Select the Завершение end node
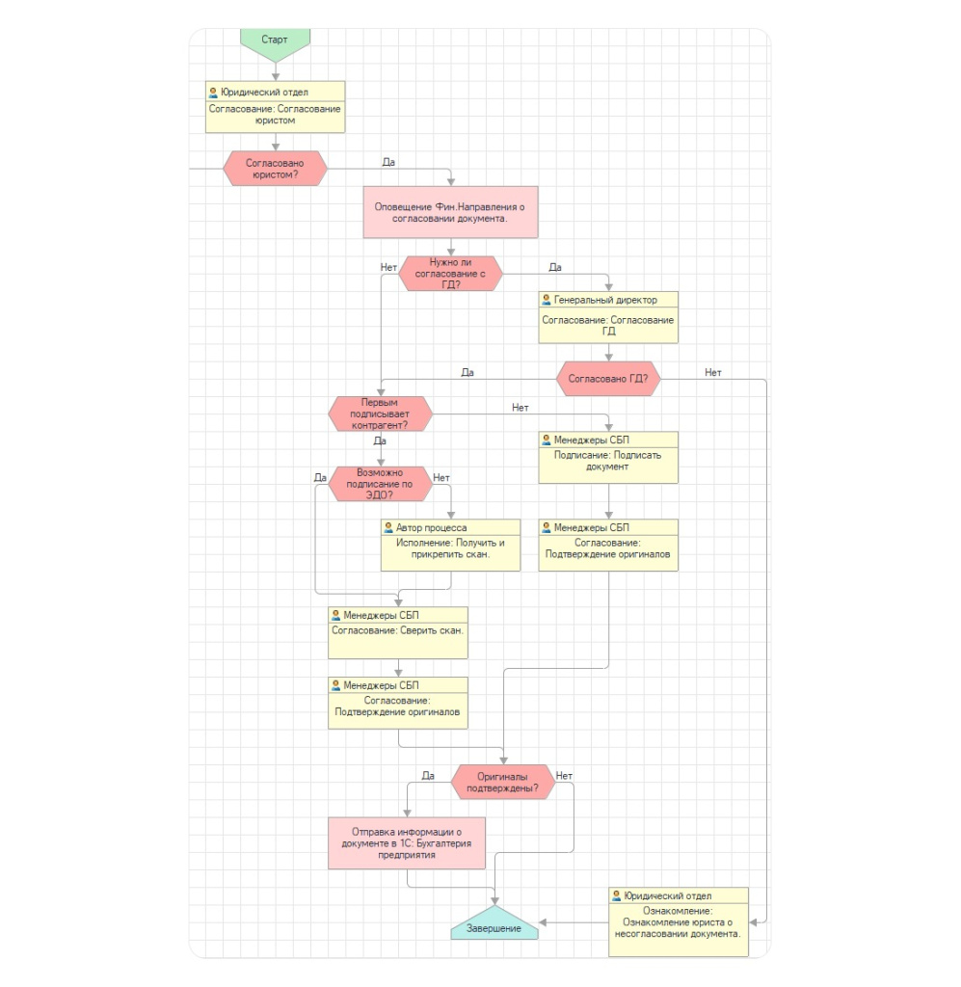[x=494, y=924]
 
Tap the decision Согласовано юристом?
[x=275, y=169]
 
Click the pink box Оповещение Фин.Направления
[x=450, y=212]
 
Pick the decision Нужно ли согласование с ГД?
[x=450, y=274]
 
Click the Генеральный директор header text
[x=605, y=301]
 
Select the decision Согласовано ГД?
[x=608, y=379]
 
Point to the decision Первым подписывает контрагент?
[x=380, y=414]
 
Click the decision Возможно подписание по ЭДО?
[x=380, y=484]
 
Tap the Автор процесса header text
[x=432, y=528]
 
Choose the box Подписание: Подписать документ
[x=608, y=458]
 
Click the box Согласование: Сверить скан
[x=398, y=633]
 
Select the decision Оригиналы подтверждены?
[x=503, y=783]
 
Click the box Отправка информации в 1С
[x=407, y=843]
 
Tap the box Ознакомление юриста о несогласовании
[x=679, y=922]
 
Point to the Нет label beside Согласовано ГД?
[x=713, y=373]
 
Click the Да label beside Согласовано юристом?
[x=389, y=162]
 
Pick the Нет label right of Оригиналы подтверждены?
[x=564, y=776]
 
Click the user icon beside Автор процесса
[x=388, y=528]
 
